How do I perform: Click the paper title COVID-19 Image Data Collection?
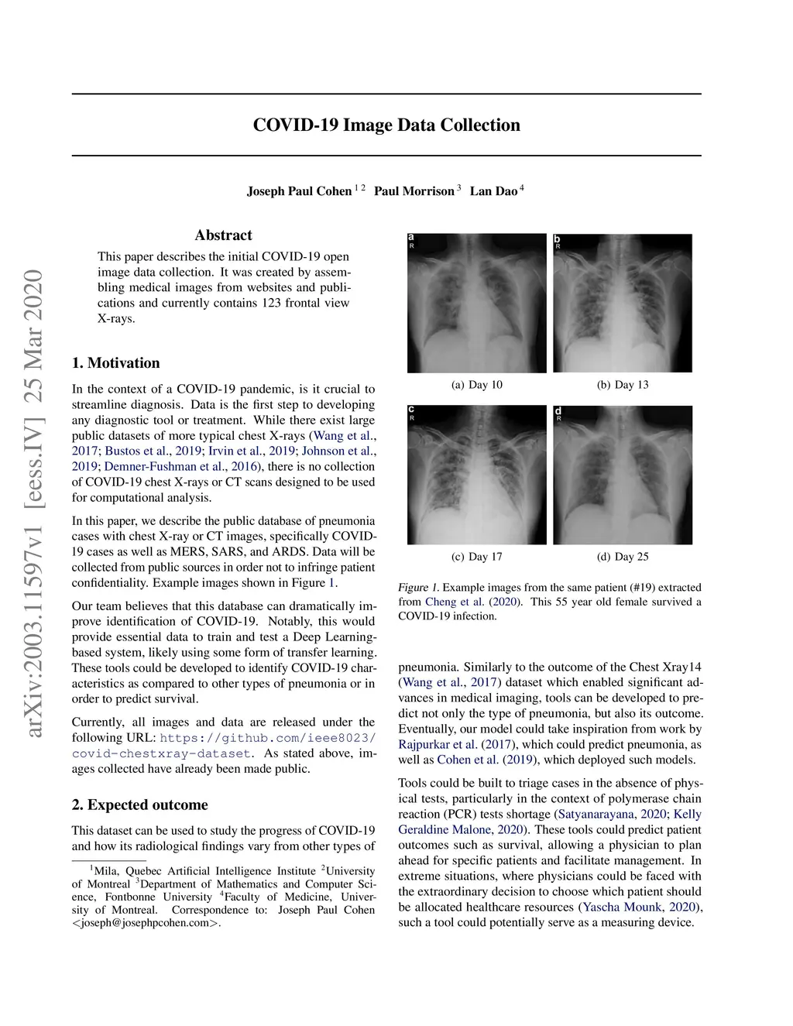point(386,125)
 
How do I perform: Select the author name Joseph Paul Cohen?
point(299,191)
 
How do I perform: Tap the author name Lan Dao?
point(493,191)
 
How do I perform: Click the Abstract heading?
point(223,235)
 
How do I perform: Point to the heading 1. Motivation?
point(116,363)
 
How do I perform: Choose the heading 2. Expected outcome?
point(140,805)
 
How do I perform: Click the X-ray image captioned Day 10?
point(476,304)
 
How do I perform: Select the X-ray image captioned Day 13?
point(622,304)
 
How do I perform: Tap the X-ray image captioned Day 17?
point(476,475)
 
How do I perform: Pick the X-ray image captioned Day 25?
point(622,475)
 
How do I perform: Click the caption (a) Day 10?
point(476,385)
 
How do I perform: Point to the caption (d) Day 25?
point(622,557)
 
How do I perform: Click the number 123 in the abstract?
point(271,303)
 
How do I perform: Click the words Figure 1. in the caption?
point(418,588)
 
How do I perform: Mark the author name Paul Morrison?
point(414,191)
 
